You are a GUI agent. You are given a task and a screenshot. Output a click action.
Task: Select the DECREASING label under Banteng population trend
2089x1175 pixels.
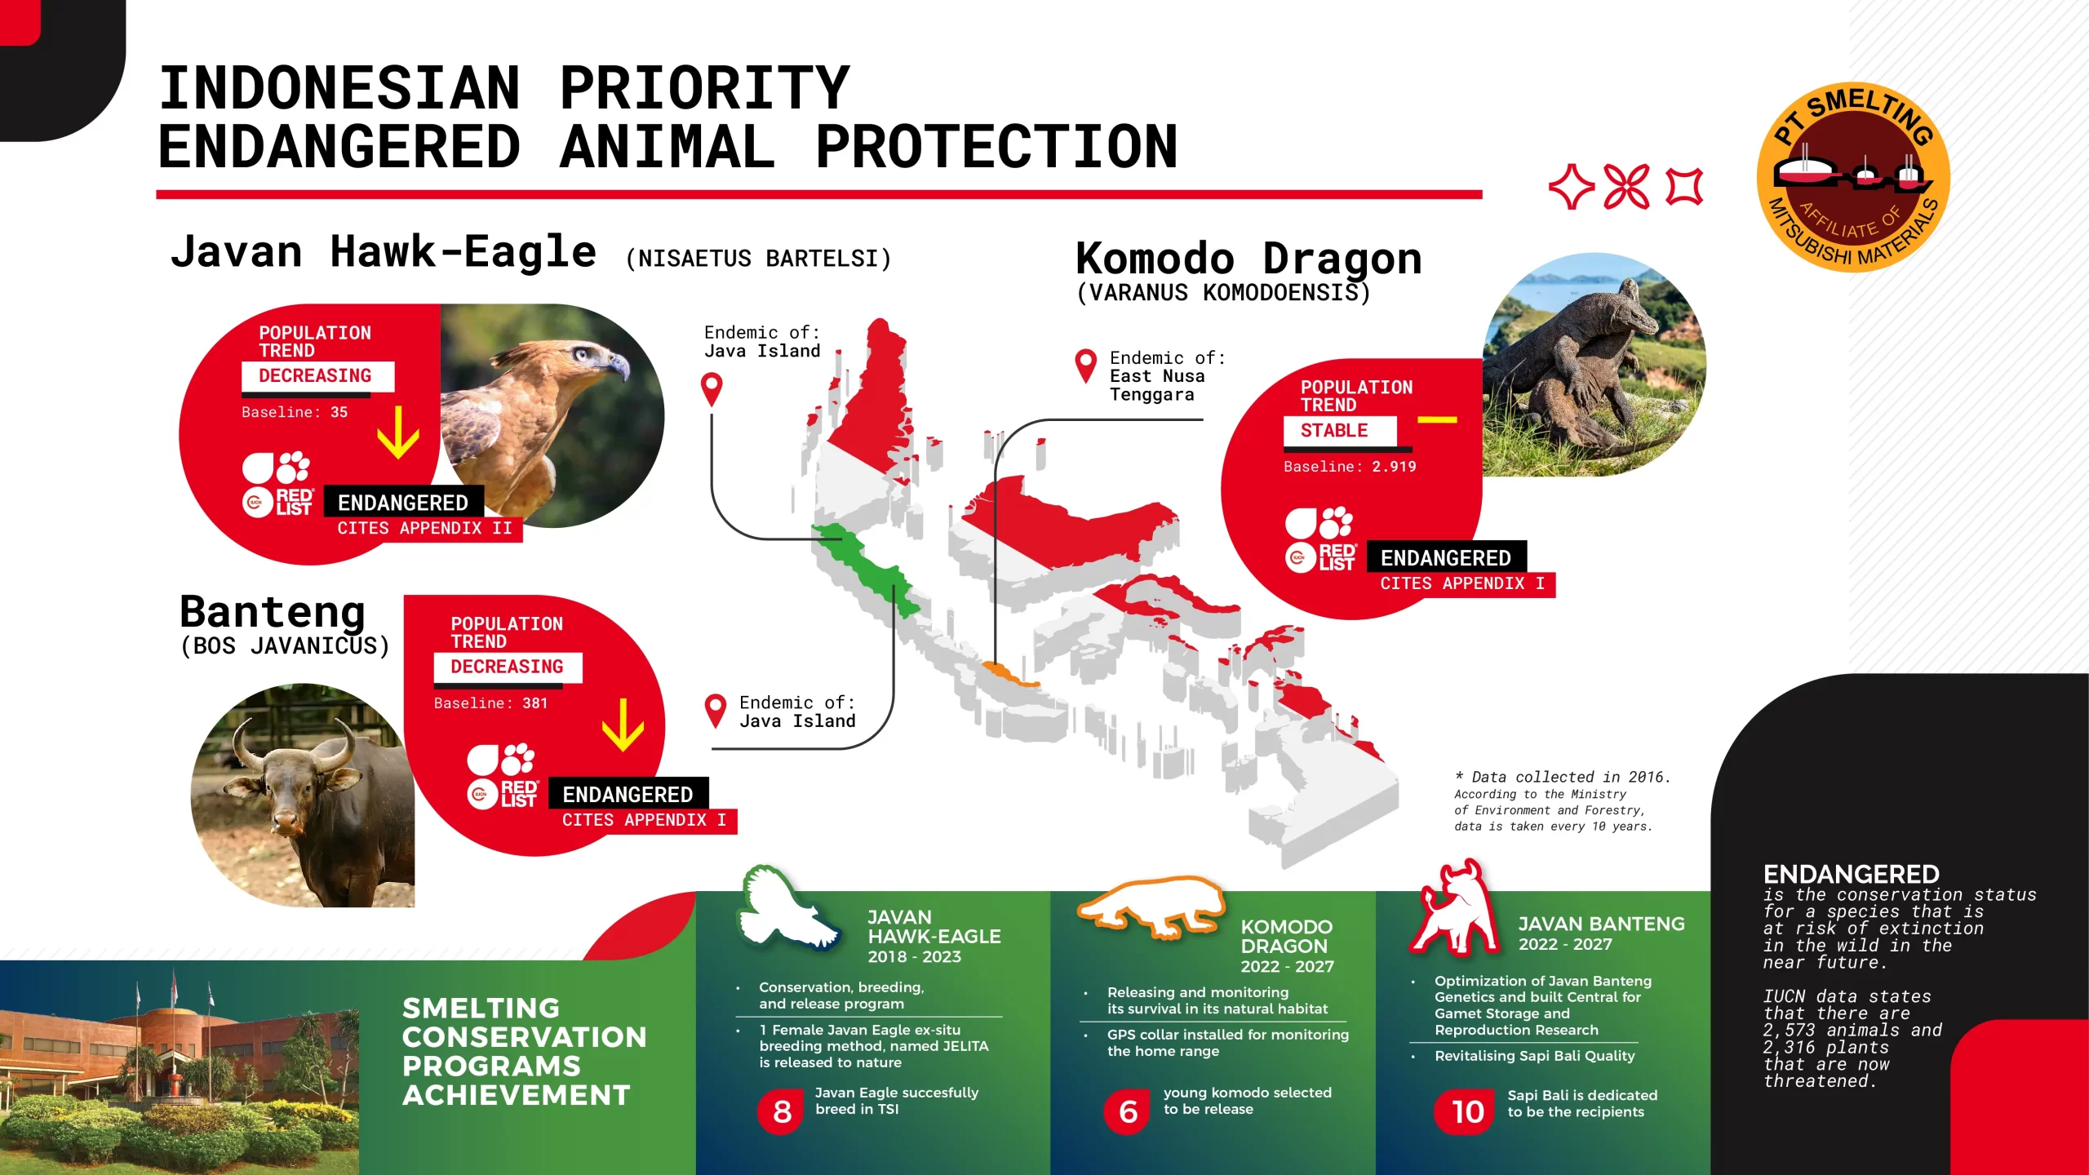[x=507, y=667]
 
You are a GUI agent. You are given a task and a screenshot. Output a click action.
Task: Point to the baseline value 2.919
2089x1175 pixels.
[x=1393, y=467]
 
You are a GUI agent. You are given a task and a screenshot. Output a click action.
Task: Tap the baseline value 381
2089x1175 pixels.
[x=534, y=703]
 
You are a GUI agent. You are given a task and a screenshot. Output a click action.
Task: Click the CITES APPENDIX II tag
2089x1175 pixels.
[x=424, y=528]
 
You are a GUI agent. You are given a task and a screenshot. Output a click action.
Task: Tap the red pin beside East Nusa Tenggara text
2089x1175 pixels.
[x=1085, y=365]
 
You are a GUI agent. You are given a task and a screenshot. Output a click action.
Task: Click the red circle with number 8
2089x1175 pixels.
[x=782, y=1111]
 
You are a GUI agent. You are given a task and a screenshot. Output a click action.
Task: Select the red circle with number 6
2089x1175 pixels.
[x=1128, y=1111]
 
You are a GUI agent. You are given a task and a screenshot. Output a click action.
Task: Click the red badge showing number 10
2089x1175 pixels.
[x=1466, y=1111]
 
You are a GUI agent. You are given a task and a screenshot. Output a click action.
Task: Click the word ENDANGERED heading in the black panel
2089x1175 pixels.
[x=1851, y=874]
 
